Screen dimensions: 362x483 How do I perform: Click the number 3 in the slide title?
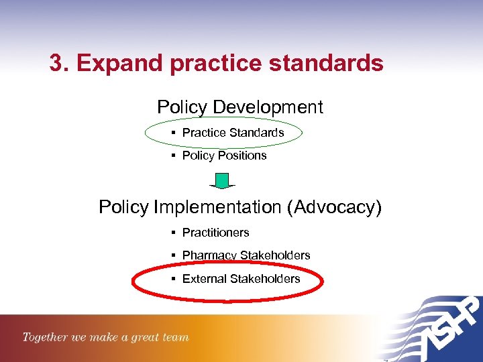coord(56,63)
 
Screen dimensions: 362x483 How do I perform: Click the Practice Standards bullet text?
coord(233,133)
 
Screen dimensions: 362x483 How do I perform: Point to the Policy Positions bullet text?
coord(224,156)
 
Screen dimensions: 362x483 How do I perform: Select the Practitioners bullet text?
coord(215,233)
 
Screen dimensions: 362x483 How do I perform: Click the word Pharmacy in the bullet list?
coord(209,255)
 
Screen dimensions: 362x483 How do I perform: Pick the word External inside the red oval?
coord(204,279)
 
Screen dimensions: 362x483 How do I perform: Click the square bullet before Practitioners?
coord(173,233)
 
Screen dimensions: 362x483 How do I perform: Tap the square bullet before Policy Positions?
coord(173,156)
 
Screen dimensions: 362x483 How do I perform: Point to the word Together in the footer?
coord(45,337)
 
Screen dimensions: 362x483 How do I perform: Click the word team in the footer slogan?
coord(176,338)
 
